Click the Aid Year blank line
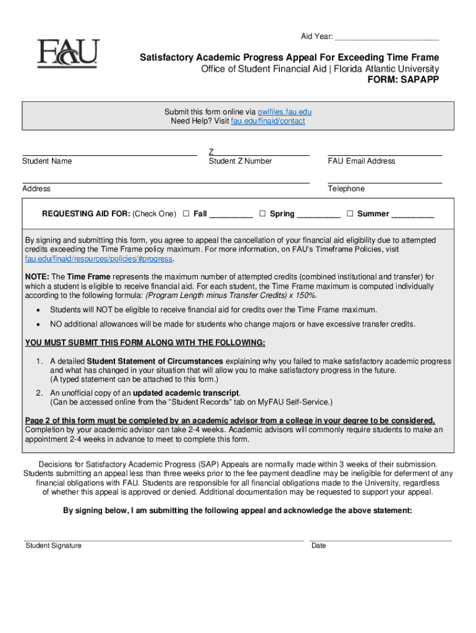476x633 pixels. point(386,38)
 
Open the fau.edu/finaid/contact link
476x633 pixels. point(268,121)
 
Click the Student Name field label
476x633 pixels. point(47,161)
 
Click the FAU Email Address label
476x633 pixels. point(361,161)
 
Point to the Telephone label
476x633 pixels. point(346,189)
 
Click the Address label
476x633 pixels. point(36,189)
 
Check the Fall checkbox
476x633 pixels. point(185,214)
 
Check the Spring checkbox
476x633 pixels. point(262,214)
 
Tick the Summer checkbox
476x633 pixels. point(350,214)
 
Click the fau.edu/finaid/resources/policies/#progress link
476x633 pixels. point(99,259)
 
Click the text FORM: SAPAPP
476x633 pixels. point(403,80)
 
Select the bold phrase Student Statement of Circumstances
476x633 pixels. point(155,362)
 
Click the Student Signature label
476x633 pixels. point(53,546)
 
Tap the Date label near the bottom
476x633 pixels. point(318,546)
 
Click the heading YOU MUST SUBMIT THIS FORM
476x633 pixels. point(145,343)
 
